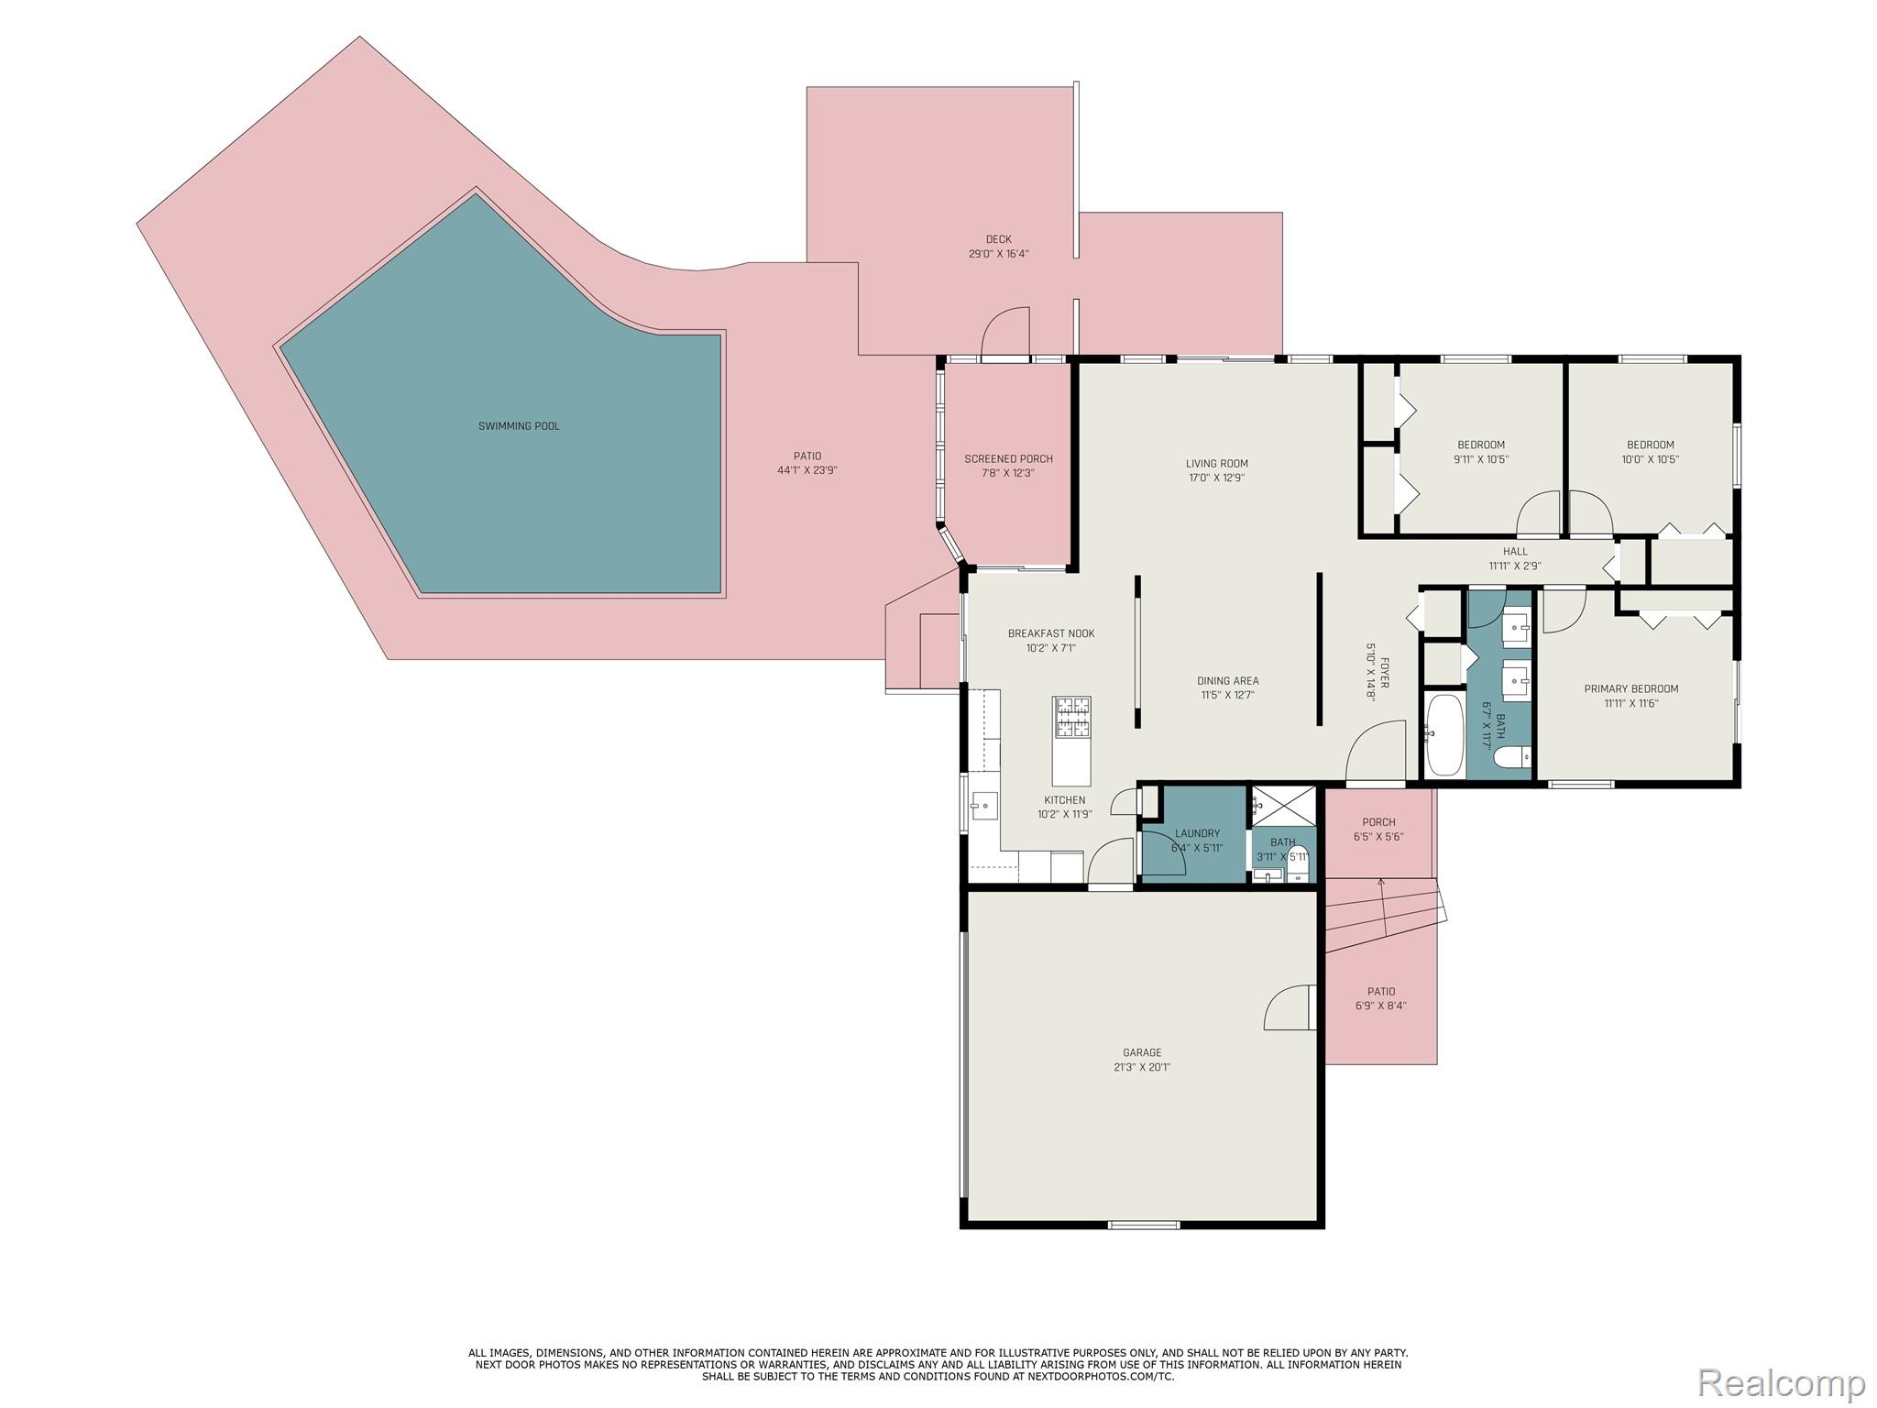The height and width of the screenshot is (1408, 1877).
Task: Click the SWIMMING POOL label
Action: point(519,426)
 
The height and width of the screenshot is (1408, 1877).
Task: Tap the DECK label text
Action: point(998,239)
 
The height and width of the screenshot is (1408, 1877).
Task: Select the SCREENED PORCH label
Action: point(1008,459)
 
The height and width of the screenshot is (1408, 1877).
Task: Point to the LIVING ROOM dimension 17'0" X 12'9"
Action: point(1216,478)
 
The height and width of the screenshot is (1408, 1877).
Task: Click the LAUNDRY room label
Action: point(1197,833)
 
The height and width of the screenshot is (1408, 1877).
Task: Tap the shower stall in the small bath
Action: point(1283,804)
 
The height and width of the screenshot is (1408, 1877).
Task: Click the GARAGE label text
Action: point(1141,1052)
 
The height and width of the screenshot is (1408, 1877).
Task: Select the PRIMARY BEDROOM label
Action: point(1630,688)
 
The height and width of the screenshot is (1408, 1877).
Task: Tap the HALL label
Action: point(1515,551)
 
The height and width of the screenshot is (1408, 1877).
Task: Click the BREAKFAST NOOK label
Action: point(1050,633)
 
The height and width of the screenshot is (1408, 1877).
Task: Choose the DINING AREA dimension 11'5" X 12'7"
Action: point(1227,695)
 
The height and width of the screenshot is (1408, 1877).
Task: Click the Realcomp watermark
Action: point(1781,1382)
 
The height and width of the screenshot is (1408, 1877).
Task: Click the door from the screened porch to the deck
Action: point(1005,335)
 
